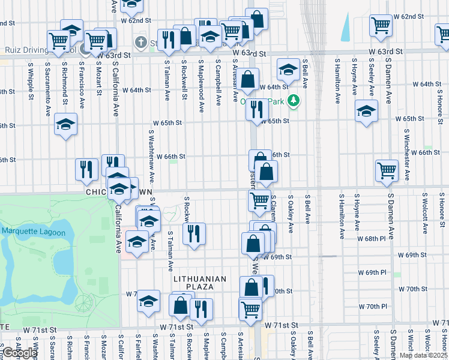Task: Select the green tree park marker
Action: [294, 101]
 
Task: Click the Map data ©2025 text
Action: [424, 355]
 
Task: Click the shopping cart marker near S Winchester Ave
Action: [387, 170]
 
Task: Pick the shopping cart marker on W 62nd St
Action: [381, 26]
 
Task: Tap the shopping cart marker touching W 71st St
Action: [250, 310]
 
